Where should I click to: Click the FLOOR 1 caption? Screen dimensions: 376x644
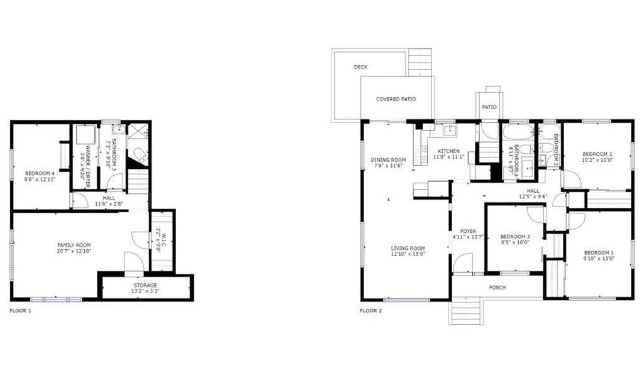pos(20,310)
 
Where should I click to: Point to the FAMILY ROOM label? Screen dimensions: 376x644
pos(74,245)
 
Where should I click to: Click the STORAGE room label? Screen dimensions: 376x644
pos(145,285)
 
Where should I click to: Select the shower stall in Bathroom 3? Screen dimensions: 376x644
pos(136,131)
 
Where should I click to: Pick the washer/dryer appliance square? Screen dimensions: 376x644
pos(84,136)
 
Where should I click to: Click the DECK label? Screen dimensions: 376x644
pos(360,67)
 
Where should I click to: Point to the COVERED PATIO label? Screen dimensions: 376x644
pos(396,99)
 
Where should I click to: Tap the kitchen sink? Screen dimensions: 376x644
pos(450,131)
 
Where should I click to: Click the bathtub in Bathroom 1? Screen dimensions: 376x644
pos(518,133)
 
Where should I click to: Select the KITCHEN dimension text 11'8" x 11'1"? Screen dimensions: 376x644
pos(449,157)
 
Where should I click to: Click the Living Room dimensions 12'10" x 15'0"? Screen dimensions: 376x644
pos(408,254)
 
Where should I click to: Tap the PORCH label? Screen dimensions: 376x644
pos(497,287)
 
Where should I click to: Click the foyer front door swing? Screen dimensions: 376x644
pos(464,264)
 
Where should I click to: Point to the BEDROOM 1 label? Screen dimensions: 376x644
pos(597,252)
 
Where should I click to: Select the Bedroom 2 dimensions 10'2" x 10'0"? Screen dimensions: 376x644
pos(597,159)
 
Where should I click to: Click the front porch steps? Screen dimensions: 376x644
pos(465,310)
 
